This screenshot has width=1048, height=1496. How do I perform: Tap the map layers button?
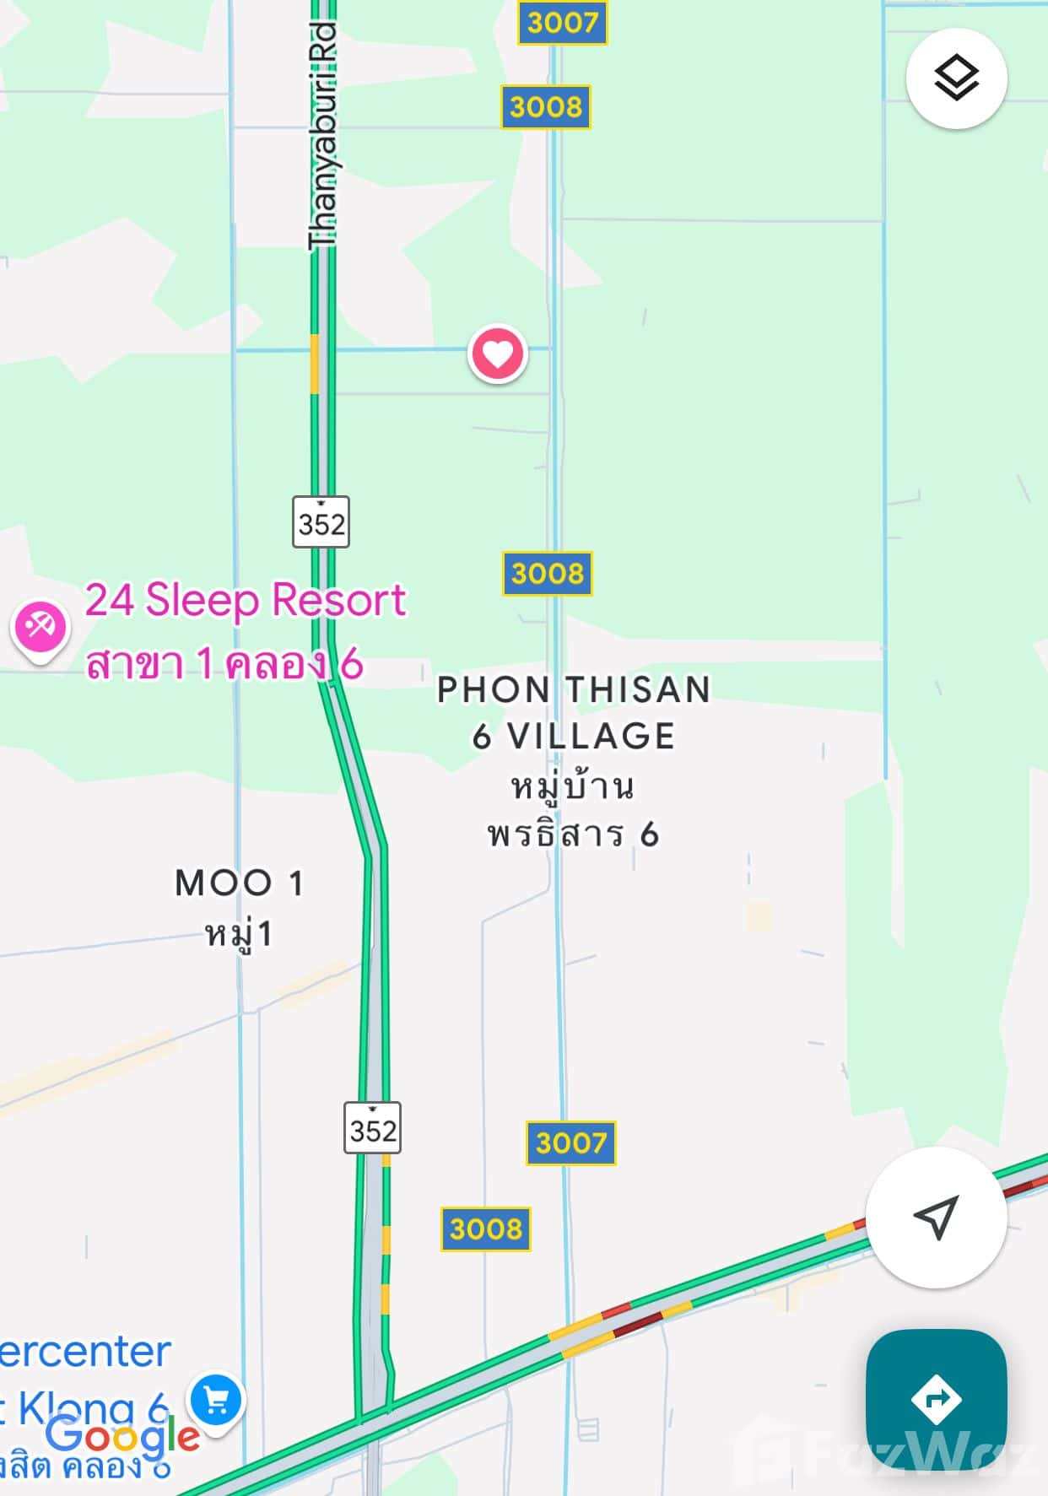(x=956, y=78)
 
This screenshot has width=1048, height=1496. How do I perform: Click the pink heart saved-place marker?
(x=498, y=354)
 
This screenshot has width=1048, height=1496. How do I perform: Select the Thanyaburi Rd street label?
(x=323, y=135)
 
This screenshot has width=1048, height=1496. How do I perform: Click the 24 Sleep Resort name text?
(x=246, y=600)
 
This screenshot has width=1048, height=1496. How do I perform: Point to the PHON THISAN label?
(x=573, y=689)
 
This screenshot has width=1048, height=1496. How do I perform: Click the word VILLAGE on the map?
(x=591, y=736)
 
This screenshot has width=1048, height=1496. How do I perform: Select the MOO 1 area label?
(x=239, y=883)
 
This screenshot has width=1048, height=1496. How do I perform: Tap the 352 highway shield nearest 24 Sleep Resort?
(x=321, y=522)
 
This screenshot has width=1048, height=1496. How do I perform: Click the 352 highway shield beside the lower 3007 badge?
(x=372, y=1128)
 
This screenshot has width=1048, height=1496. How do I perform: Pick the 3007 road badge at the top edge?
(x=562, y=22)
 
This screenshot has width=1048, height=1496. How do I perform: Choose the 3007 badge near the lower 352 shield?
(x=571, y=1143)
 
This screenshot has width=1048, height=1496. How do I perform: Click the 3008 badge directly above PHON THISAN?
(x=547, y=574)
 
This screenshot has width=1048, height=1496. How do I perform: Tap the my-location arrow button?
(x=937, y=1217)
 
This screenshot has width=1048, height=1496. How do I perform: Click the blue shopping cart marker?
(x=217, y=1401)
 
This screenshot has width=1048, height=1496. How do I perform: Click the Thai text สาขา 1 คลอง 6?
(x=224, y=664)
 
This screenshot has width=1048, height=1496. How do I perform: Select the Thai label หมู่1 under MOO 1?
(x=239, y=934)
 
